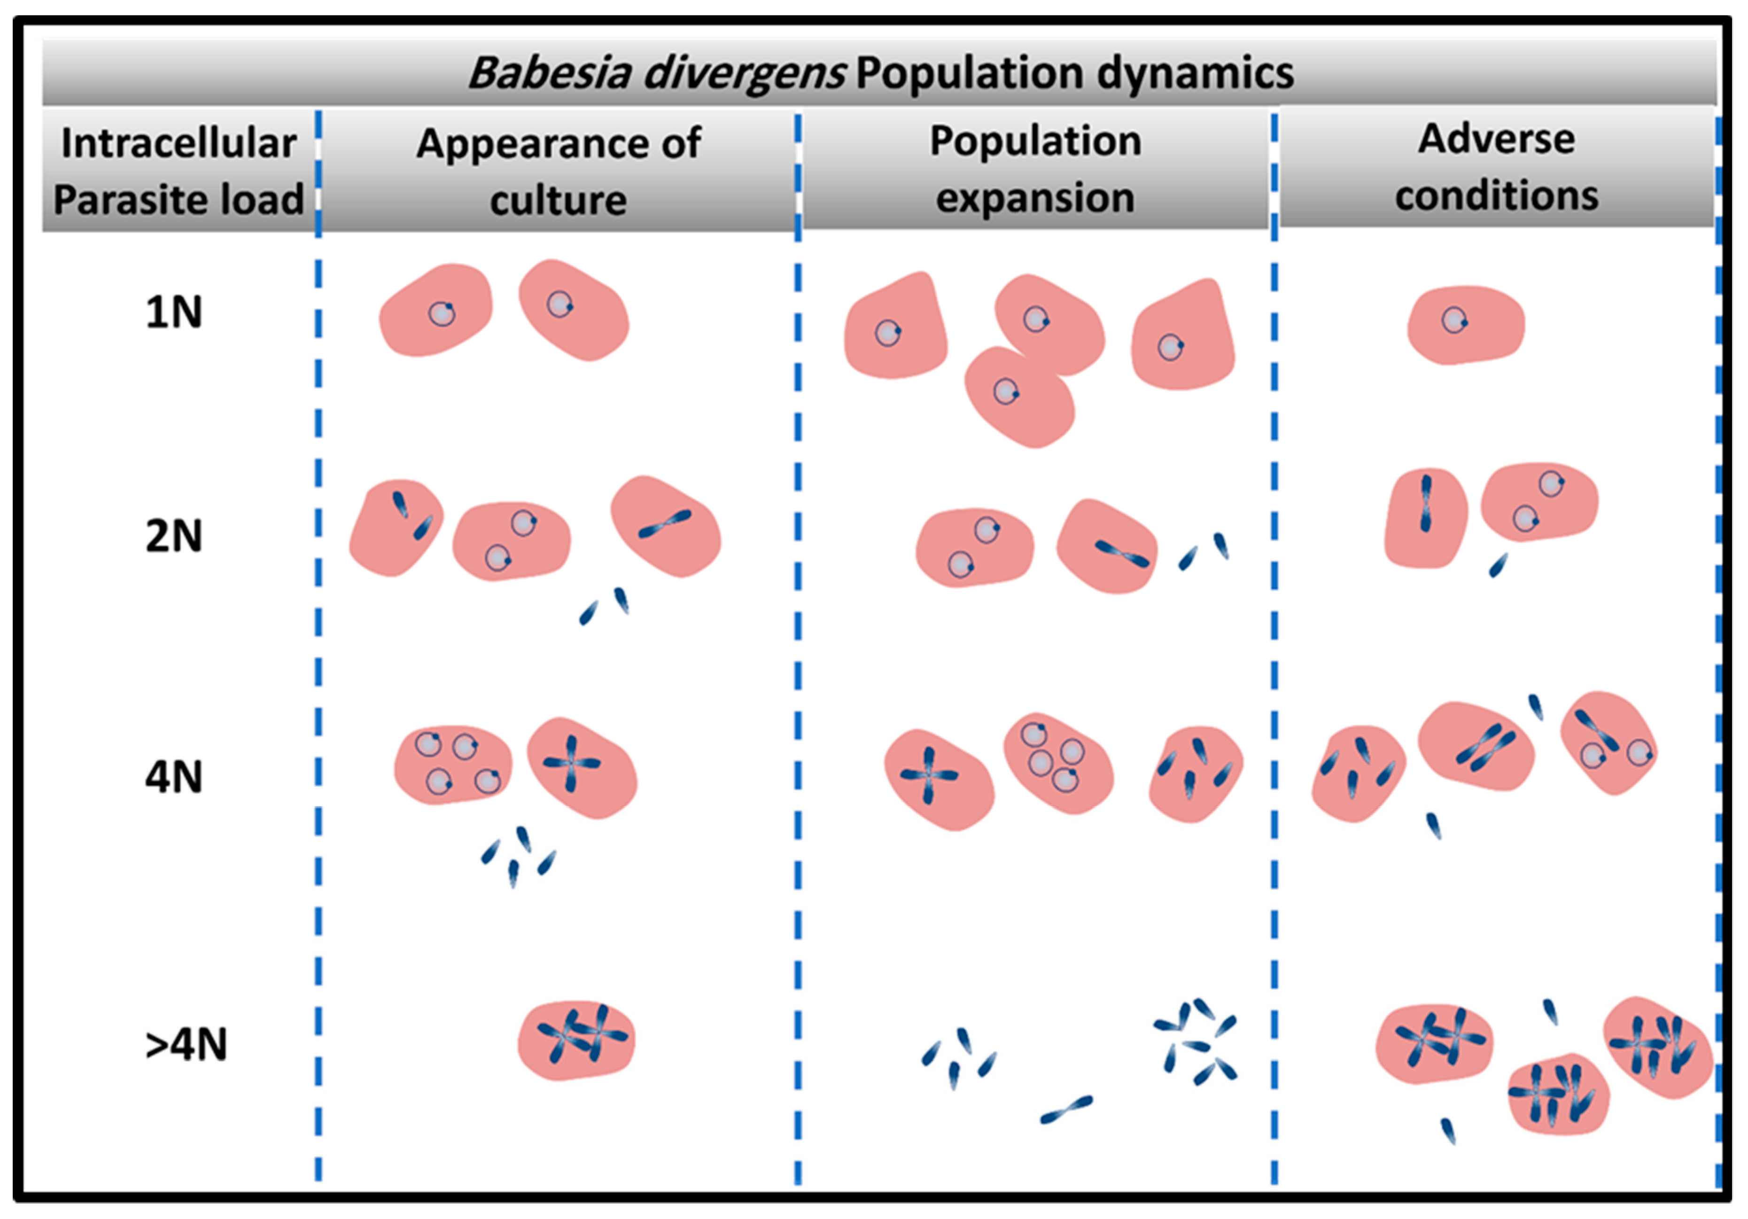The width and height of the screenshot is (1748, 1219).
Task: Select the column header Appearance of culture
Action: [558, 172]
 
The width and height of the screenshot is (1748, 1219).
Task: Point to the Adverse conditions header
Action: [1496, 167]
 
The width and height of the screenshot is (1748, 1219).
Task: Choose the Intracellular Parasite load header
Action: [178, 172]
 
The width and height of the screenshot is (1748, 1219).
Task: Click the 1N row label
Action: [174, 312]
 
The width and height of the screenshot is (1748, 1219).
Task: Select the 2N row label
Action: [174, 536]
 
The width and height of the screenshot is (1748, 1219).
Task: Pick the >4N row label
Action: [186, 1045]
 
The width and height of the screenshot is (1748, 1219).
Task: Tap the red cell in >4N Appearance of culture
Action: [576, 1040]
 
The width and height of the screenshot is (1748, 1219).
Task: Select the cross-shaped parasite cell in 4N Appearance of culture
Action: [583, 767]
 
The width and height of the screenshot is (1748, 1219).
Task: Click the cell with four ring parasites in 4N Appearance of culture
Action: [453, 765]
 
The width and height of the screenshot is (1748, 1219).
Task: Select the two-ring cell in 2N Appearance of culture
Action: [511, 540]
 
